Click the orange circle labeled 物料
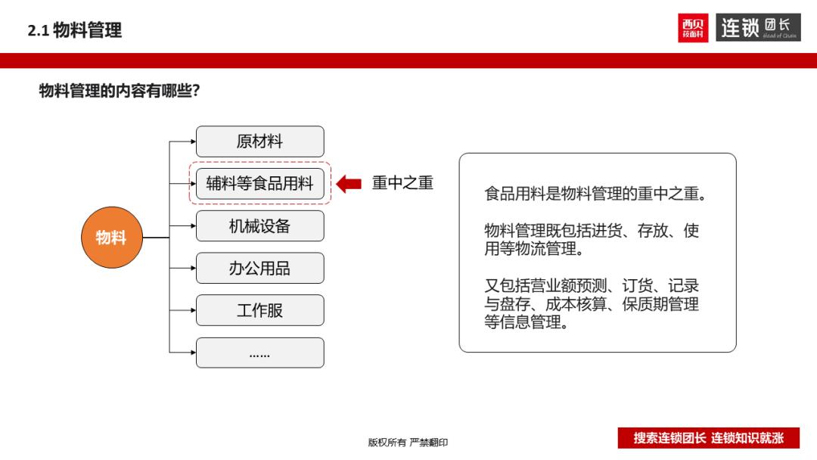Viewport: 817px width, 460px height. coord(111,238)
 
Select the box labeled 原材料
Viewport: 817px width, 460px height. coord(259,141)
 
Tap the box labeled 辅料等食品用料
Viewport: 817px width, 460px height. coord(259,183)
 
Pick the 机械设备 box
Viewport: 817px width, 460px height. coord(259,225)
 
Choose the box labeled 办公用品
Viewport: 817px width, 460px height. coord(259,268)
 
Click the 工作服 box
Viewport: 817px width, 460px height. coord(259,310)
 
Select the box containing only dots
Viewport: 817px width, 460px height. coord(259,353)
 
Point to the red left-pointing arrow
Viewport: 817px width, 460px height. coord(349,183)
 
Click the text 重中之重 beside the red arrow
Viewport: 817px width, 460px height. coord(402,183)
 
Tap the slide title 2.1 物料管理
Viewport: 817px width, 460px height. coord(74,30)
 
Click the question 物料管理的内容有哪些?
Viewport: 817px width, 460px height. coord(120,92)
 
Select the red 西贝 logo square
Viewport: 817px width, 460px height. coord(693,29)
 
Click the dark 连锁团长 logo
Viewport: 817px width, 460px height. coord(758,29)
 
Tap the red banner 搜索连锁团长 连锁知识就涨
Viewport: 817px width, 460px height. coord(708,438)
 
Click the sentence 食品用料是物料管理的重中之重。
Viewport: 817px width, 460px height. coord(597,194)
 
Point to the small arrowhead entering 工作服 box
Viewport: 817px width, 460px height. coord(192,310)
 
